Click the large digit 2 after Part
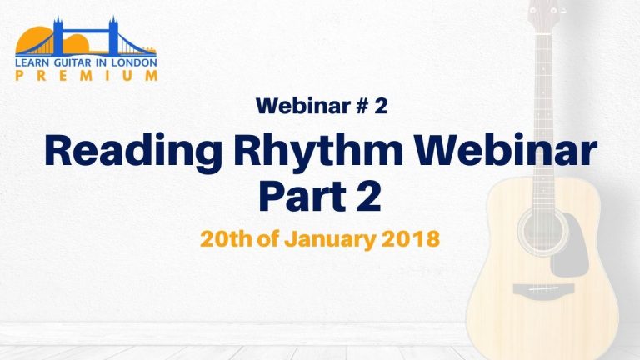(x=368, y=196)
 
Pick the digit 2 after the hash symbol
(x=381, y=106)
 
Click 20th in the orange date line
(x=226, y=238)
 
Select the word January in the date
(x=329, y=240)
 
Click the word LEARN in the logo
(x=32, y=62)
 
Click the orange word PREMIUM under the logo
(x=86, y=76)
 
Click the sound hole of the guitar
(x=542, y=231)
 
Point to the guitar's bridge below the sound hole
(x=543, y=289)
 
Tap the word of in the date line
(x=267, y=238)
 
